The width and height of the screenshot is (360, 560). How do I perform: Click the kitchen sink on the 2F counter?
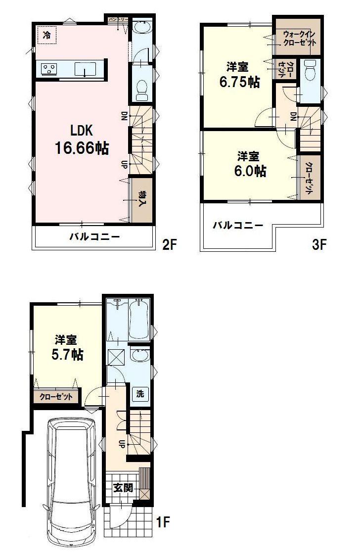coord(85,69)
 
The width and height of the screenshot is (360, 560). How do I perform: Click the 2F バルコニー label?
coord(94,236)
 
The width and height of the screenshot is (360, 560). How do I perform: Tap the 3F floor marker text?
coord(319,244)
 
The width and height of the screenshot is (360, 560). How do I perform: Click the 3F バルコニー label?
coord(238,226)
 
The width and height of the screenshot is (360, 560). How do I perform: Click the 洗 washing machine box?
coord(140,394)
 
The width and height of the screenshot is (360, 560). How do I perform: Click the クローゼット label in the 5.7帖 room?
coord(56,396)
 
